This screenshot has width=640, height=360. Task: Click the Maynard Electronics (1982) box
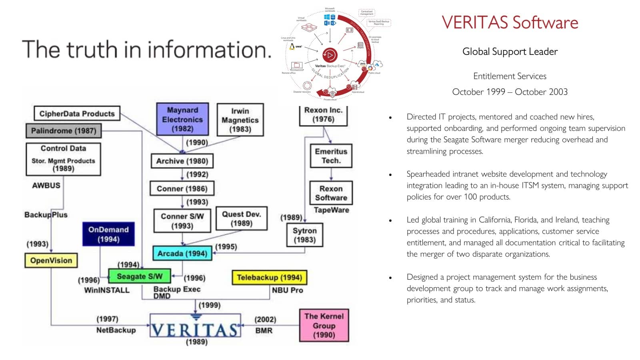182,119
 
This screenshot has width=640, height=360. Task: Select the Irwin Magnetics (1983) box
240,120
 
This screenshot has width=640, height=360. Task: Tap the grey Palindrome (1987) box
64,131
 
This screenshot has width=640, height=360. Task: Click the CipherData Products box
77,114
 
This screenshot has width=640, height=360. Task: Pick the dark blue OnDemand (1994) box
108,234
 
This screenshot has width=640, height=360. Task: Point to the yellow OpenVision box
51,260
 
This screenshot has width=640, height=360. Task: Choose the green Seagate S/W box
140,276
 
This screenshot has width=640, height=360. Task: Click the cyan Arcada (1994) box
182,253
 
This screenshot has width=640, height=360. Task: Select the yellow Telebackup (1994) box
269,277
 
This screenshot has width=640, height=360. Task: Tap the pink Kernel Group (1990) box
324,325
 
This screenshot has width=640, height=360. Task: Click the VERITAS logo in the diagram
196,329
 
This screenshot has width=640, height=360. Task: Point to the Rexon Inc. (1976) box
323,115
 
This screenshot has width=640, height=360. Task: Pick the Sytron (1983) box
304,235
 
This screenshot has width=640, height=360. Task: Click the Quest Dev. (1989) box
241,218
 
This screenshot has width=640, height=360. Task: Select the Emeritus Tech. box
331,156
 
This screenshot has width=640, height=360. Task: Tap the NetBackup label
116,330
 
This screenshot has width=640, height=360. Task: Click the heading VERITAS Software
510,22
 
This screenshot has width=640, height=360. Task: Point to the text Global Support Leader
510,52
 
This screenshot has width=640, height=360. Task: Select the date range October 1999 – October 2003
510,92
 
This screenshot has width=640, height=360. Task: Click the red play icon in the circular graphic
330,55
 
